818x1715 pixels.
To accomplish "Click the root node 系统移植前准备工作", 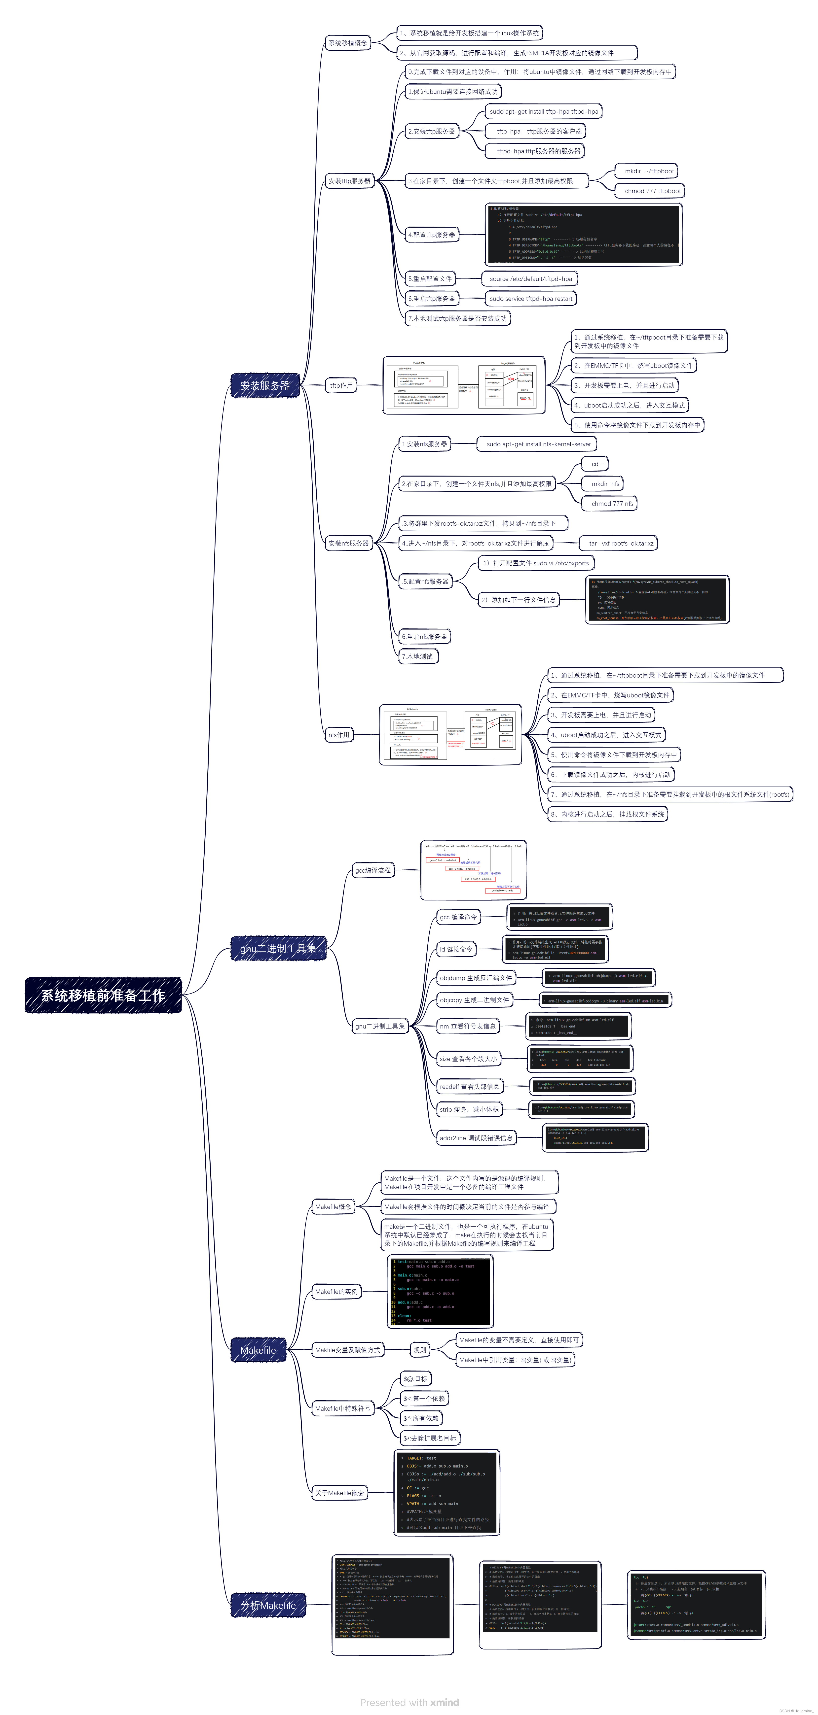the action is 103,995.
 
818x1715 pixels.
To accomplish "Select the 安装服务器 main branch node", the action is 265,385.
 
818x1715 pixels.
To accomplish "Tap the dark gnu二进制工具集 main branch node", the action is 278,948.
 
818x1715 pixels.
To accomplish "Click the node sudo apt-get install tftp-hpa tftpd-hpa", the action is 544,112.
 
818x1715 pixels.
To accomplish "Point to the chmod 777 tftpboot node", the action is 652,191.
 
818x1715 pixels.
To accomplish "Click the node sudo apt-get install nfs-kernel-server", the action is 538,444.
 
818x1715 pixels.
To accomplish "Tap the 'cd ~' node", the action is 597,464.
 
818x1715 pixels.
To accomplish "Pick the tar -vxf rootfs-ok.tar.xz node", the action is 620,543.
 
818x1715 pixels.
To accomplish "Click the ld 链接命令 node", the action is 456,949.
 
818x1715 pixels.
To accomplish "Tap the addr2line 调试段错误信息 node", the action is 476,1138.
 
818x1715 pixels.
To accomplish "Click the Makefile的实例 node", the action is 336,1292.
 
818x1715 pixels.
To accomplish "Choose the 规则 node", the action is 420,1350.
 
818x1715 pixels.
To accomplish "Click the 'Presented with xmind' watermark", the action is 409,1702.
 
